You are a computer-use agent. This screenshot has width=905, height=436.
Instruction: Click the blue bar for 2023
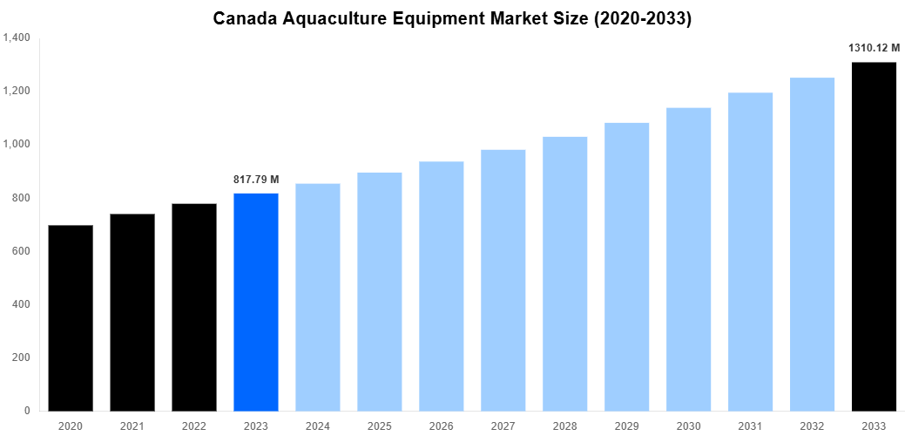(256, 302)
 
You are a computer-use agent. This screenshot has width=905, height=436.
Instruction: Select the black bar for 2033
(874, 236)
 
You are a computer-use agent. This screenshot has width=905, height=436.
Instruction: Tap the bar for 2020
(71, 317)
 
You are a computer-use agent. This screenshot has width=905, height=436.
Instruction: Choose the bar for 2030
(688, 259)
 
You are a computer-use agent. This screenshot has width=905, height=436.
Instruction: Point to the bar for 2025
(380, 291)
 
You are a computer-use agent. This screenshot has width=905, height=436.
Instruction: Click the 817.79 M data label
(256, 180)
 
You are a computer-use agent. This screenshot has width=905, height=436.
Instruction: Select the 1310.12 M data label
(874, 49)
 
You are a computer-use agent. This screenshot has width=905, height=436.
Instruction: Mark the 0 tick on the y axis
(27, 411)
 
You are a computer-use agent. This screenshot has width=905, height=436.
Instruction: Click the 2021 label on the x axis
(132, 426)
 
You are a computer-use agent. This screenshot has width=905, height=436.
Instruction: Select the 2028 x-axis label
(565, 426)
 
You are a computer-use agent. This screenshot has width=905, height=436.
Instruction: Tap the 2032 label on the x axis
(812, 426)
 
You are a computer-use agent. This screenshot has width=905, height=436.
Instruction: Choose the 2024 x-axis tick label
(318, 426)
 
